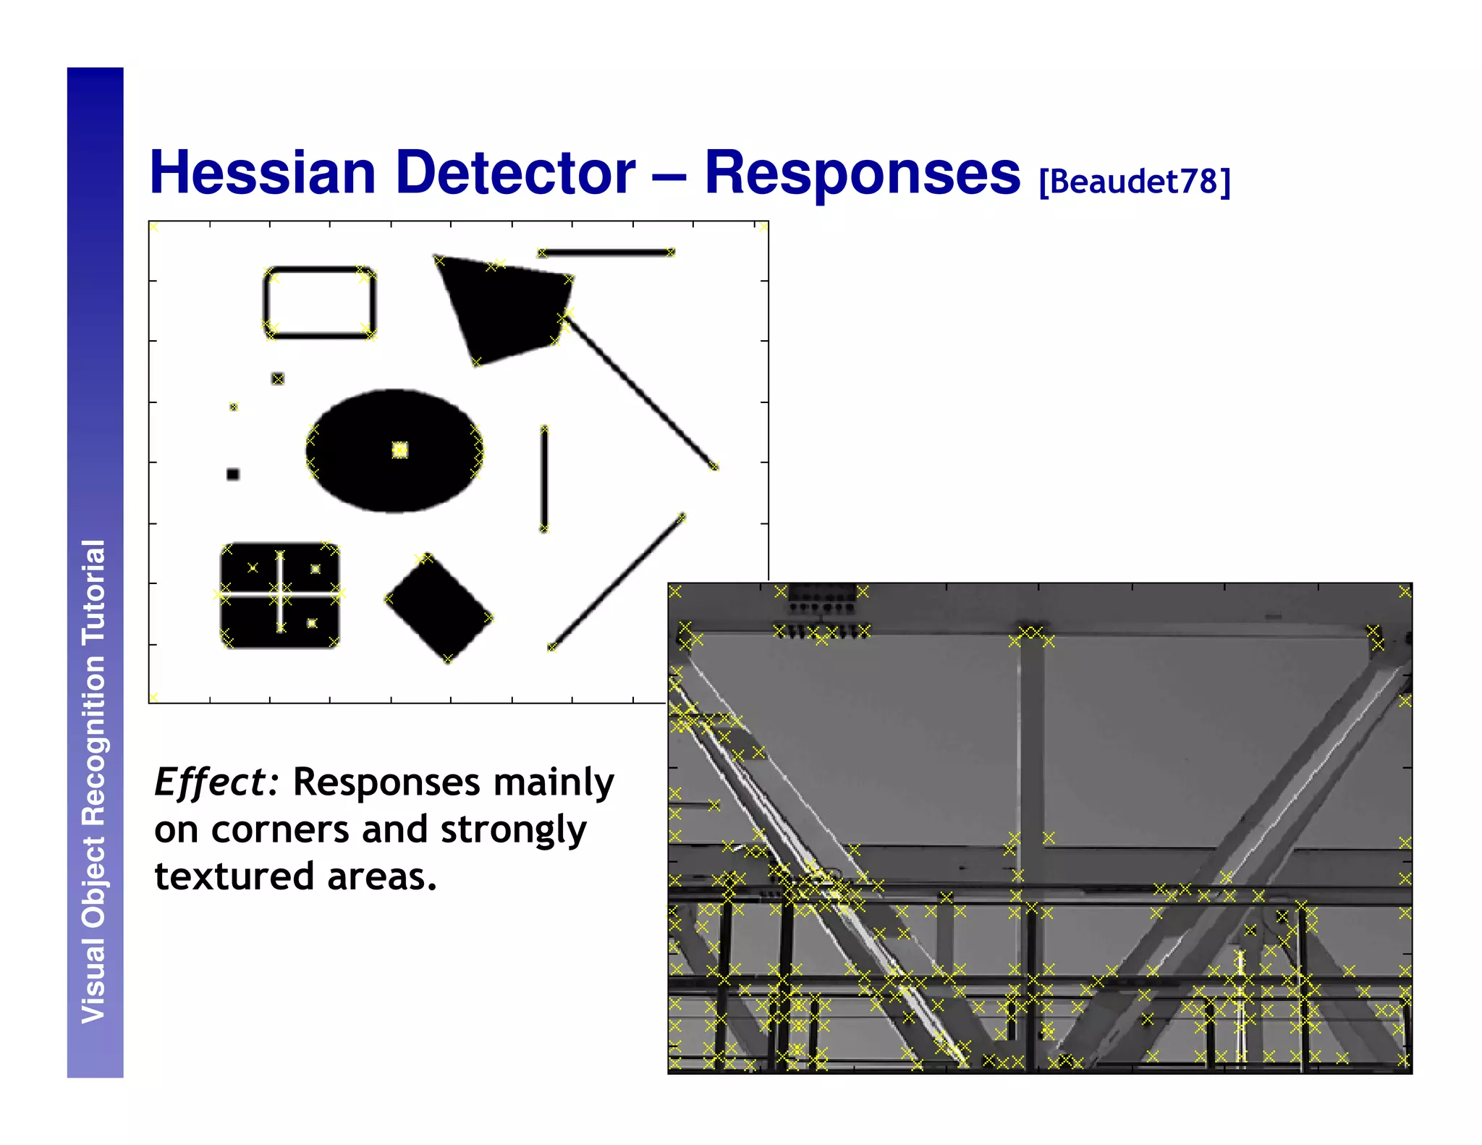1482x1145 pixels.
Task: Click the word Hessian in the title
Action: pyautogui.click(x=262, y=173)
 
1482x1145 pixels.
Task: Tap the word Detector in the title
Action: pyautogui.click(x=515, y=173)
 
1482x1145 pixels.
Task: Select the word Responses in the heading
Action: pyautogui.click(x=861, y=173)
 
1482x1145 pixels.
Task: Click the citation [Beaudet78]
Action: pyautogui.click(x=1134, y=182)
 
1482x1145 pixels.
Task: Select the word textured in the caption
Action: pyautogui.click(x=234, y=876)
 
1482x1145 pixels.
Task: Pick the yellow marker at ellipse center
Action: pyautogui.click(x=399, y=450)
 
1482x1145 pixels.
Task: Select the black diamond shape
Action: pyautogui.click(x=439, y=608)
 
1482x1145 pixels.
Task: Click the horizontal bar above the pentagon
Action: pyautogui.click(x=606, y=253)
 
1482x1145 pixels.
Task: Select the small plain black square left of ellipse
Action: pyautogui.click(x=233, y=474)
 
